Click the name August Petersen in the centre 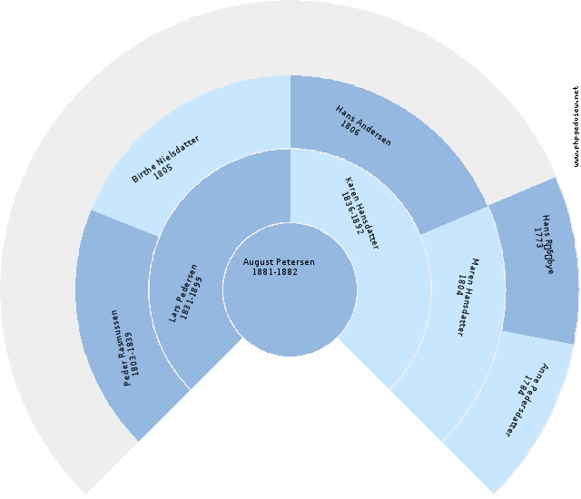pos(279,262)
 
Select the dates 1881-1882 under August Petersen pos(274,272)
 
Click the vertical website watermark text pos(576,126)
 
